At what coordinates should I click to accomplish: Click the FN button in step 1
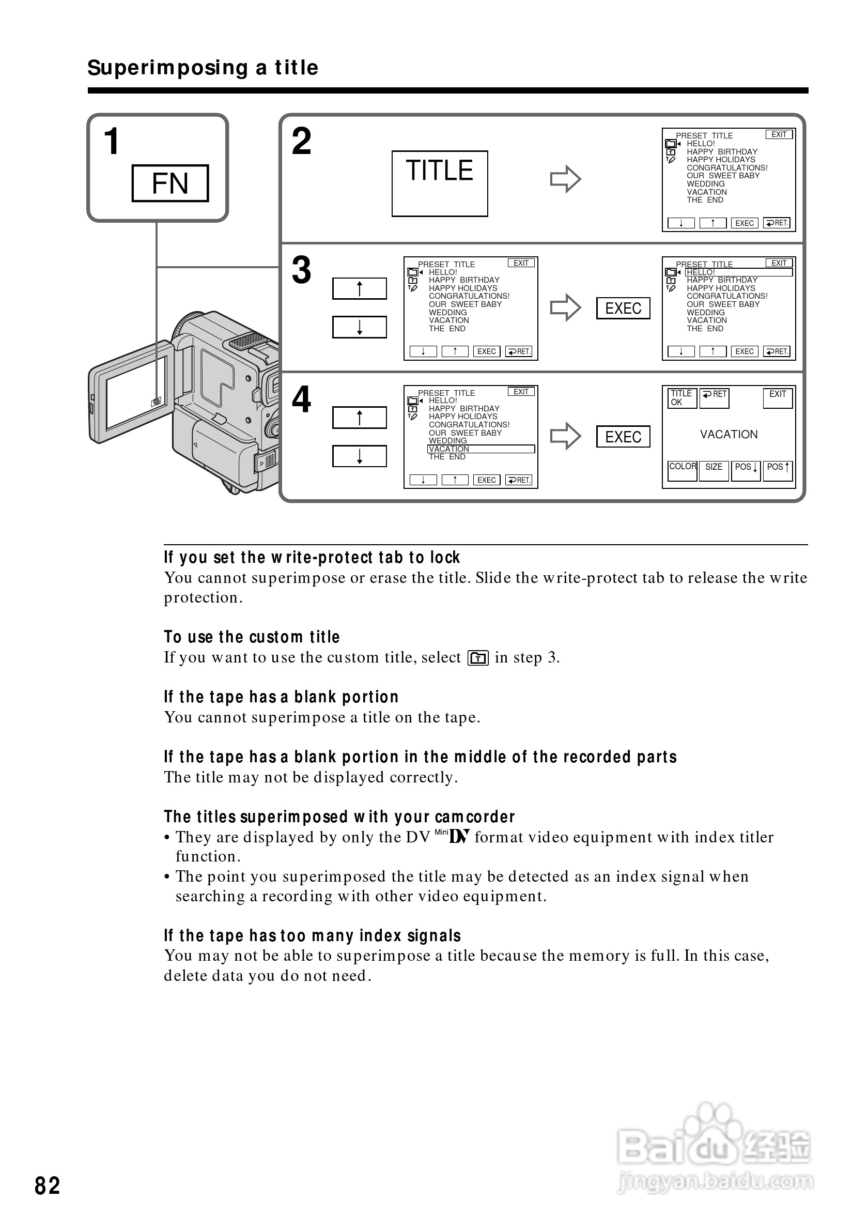[170, 183]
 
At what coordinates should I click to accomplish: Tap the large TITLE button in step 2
[439, 183]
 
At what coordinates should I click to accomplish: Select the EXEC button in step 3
[623, 308]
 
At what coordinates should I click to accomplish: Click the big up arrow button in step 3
[359, 289]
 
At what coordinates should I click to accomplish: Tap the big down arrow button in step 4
[359, 456]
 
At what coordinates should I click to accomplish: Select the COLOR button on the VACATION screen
[682, 470]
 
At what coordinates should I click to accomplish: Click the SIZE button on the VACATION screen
[714, 470]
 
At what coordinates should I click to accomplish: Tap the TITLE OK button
[681, 398]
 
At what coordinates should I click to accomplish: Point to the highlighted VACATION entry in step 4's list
[481, 449]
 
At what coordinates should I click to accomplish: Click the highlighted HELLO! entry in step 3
[738, 272]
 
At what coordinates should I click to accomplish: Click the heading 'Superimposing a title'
[203, 68]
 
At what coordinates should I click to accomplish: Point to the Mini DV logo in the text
[453, 836]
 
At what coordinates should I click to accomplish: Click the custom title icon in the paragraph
[477, 658]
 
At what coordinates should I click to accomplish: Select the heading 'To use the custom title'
[252, 637]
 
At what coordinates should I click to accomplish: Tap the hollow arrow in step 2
[565, 179]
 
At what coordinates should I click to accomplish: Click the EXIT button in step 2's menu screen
[779, 134]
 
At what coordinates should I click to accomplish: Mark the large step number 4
[301, 399]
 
